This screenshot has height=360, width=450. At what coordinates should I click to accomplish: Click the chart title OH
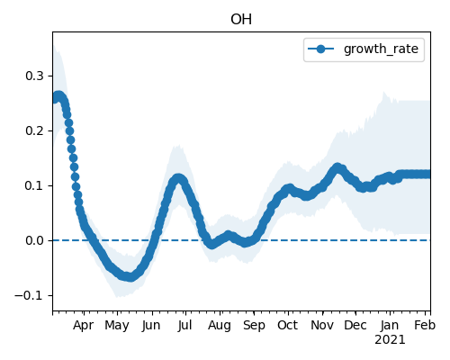point(241,20)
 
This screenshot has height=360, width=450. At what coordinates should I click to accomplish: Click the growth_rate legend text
point(381,49)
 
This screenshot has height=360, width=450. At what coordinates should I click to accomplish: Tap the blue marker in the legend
point(320,49)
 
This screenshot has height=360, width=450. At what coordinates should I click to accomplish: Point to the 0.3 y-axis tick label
point(34,76)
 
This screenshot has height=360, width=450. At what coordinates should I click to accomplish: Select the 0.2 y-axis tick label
point(34,130)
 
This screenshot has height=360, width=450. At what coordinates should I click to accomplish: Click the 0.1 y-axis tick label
point(34,185)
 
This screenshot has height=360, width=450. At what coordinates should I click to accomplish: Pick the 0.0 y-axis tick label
point(34,240)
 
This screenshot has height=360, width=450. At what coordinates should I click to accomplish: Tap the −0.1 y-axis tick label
point(29,295)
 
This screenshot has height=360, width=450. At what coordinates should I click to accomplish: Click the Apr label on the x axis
point(84,326)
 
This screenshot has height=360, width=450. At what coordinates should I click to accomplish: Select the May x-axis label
point(117,326)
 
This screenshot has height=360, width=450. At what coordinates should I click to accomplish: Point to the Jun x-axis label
point(151,326)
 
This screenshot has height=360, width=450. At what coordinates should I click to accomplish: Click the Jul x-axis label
point(184,326)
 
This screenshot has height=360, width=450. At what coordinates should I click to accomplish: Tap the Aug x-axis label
point(220,326)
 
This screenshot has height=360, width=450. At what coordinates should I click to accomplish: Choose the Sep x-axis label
point(254,326)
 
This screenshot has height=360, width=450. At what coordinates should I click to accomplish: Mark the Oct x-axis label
point(288,326)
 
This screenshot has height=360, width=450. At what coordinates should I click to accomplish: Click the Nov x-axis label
point(322,326)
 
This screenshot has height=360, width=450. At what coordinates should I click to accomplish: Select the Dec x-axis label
point(355,326)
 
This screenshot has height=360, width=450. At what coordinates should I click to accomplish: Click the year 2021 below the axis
point(390,340)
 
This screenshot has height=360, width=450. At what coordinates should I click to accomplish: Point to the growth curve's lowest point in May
point(130,277)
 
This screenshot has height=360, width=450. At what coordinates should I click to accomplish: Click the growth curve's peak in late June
point(178,178)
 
